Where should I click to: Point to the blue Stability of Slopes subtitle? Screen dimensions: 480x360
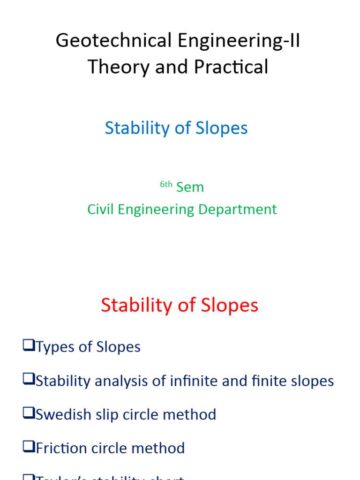(x=176, y=128)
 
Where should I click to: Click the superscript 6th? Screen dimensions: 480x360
(x=166, y=184)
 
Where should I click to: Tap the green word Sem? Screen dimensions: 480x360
(x=190, y=187)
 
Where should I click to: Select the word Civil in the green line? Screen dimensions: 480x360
(x=100, y=209)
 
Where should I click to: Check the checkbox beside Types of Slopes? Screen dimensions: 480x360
(x=29, y=346)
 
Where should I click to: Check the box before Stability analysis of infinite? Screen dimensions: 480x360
(x=29, y=380)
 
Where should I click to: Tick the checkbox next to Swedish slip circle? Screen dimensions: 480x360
(x=29, y=414)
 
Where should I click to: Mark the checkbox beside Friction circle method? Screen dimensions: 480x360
(x=29, y=448)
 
